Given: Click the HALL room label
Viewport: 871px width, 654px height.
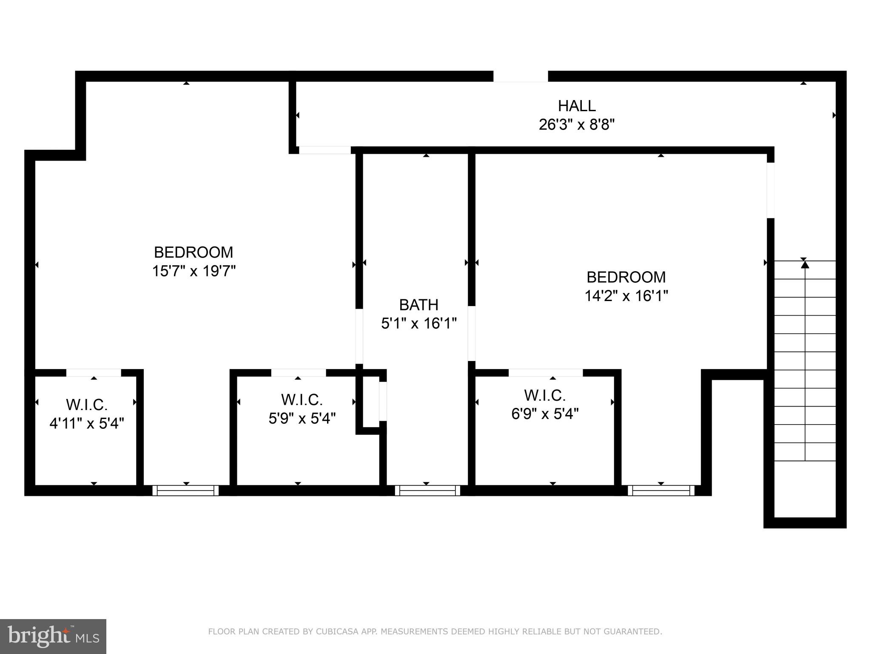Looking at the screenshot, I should click(576, 106).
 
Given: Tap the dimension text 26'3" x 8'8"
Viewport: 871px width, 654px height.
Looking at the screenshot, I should click(576, 125).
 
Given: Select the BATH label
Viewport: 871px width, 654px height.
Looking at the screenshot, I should click(418, 305).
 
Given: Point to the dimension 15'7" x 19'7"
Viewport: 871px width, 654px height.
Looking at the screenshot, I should click(194, 271).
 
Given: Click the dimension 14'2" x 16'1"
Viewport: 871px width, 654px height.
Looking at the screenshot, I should click(626, 295).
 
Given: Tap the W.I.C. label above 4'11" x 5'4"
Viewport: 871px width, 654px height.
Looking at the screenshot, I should click(87, 404).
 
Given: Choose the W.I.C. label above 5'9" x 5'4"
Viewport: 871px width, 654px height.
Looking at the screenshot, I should click(302, 399).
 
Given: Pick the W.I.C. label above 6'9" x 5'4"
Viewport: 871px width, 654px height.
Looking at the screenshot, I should click(544, 395).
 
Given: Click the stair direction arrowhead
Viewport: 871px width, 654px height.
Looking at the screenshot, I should click(805, 264).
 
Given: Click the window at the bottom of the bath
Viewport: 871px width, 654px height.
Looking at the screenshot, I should click(427, 490).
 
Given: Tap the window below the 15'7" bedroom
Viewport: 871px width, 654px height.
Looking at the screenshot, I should click(185, 490).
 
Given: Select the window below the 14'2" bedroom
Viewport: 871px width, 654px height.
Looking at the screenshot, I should click(661, 490).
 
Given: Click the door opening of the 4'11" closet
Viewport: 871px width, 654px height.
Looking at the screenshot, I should click(94, 373).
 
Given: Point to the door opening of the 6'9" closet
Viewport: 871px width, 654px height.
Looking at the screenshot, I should click(546, 373).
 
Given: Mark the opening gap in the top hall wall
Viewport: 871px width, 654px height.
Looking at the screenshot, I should click(520, 76).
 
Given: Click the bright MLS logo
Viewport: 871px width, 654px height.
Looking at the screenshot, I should click(53, 636).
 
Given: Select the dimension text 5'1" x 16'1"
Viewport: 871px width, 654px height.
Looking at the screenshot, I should click(418, 324).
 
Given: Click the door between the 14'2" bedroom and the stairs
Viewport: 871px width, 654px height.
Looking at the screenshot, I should click(770, 190).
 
